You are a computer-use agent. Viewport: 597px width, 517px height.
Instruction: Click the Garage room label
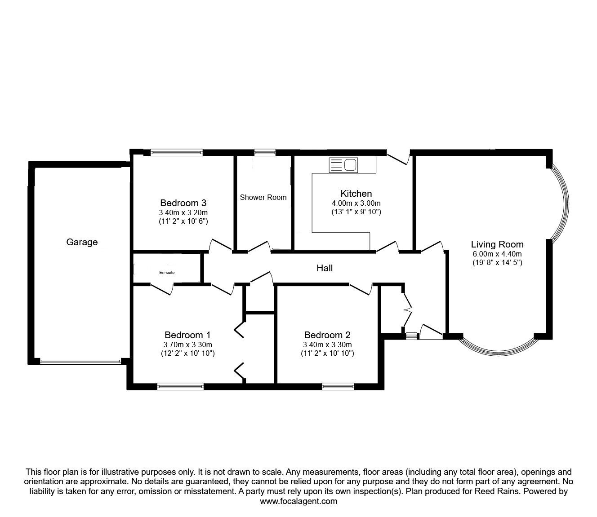(82, 242)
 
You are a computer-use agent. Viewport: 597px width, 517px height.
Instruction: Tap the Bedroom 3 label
(183, 203)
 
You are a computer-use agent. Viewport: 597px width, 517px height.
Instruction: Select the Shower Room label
(263, 198)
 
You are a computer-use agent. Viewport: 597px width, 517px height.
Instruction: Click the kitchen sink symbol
(343, 165)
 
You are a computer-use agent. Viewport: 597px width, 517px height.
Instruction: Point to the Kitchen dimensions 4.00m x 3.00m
(356, 203)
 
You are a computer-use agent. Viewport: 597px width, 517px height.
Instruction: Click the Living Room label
(497, 244)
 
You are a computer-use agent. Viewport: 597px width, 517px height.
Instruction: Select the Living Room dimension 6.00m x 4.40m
(497, 254)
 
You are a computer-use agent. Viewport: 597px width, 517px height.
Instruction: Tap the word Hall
(325, 268)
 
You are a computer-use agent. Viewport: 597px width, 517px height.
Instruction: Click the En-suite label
(167, 273)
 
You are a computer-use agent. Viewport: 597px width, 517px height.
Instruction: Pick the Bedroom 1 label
(187, 335)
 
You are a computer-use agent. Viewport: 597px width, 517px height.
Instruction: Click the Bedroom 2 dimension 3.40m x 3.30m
(327, 345)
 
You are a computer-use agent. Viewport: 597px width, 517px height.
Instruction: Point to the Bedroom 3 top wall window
(177, 152)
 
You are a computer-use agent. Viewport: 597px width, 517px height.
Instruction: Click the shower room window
(265, 152)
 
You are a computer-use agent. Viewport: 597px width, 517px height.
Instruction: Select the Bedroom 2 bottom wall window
(338, 386)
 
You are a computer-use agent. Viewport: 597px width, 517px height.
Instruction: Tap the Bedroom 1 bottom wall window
(181, 386)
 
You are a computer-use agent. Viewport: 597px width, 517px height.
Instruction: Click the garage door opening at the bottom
(80, 362)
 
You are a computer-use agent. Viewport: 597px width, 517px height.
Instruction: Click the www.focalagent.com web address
(298, 501)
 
